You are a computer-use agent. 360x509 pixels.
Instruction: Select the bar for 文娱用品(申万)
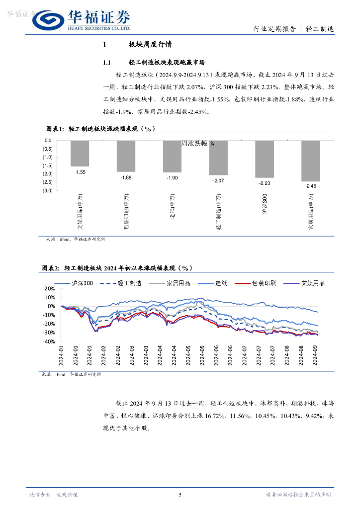tap(80, 153)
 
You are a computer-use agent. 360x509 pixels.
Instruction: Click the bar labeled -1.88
tap(126, 156)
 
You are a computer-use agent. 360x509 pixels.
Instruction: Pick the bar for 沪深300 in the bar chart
tap(264, 159)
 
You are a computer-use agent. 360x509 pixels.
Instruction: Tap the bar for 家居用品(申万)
tap(311, 161)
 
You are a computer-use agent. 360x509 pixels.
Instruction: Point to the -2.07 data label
tap(219, 180)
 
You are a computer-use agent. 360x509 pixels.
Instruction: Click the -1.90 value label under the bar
tap(172, 178)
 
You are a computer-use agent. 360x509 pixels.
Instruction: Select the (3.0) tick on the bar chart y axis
tap(47, 190)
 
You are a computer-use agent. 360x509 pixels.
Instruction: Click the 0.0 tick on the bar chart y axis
tap(48, 141)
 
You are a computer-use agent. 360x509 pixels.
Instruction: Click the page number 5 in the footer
tap(180, 495)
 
